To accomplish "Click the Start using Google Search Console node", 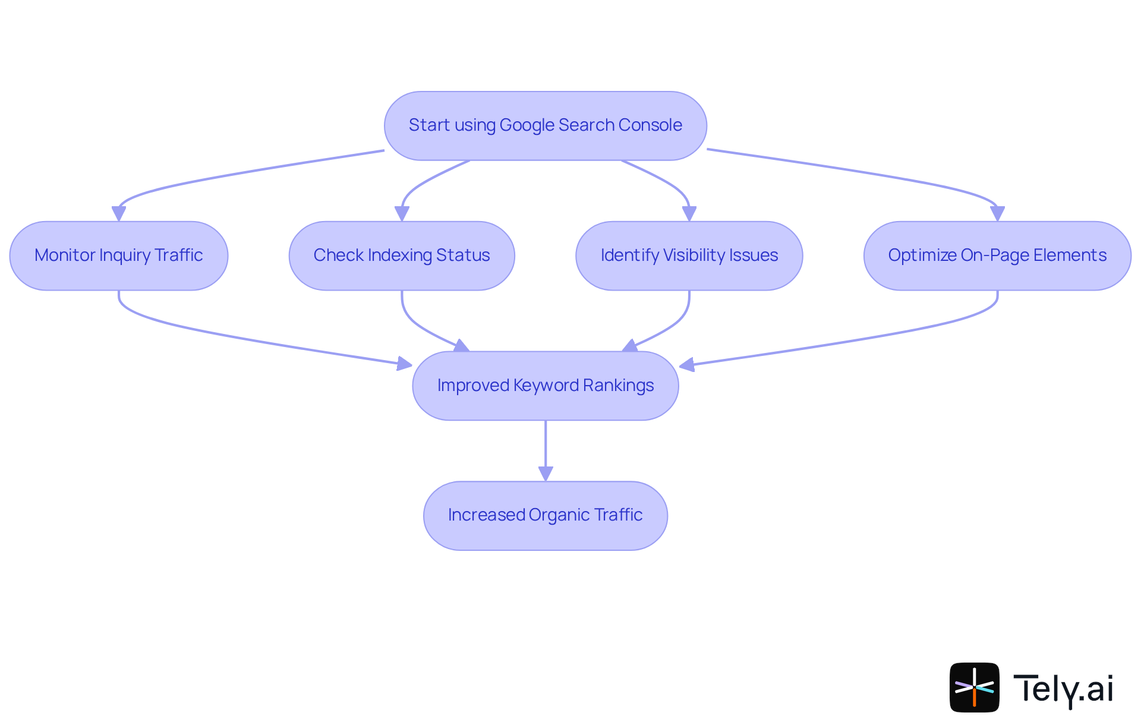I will tap(545, 125).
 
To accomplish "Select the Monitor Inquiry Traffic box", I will tap(119, 256).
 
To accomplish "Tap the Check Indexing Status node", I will tap(402, 256).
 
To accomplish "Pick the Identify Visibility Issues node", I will tap(689, 256).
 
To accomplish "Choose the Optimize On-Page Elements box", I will tap(997, 256).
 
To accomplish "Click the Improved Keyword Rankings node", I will tap(545, 386).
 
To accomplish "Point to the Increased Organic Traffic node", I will tap(545, 515).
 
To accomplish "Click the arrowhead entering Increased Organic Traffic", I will tap(546, 474).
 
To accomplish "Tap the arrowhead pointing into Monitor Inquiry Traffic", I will tap(119, 213).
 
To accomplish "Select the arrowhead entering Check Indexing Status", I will tap(402, 213).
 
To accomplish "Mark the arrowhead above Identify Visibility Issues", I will tap(689, 213).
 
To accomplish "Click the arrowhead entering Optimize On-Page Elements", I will tap(997, 213).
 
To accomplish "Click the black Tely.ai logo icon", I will tap(974, 687).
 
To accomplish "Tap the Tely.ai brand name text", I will tap(1063, 688).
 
